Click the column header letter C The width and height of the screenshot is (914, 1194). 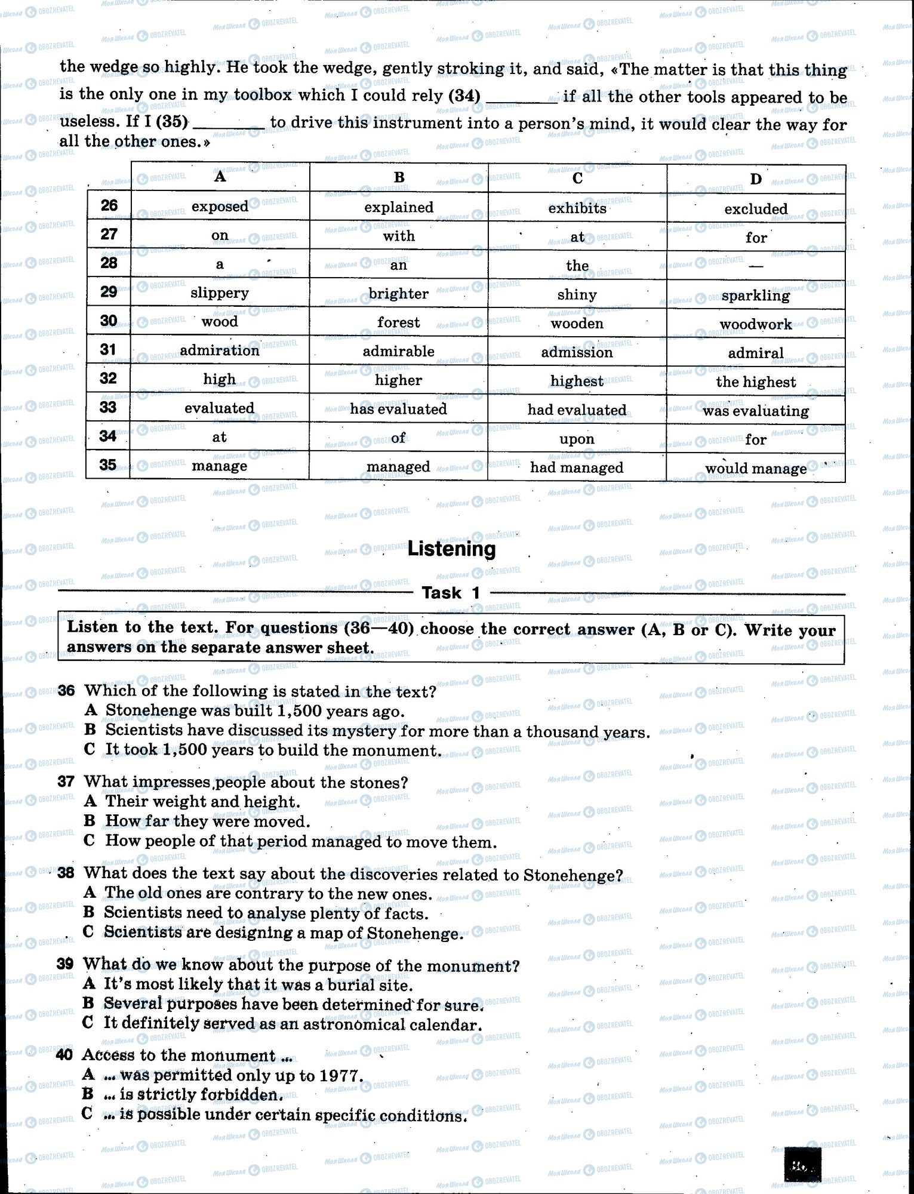pyautogui.click(x=577, y=178)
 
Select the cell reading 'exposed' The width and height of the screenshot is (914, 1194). pyautogui.click(x=220, y=207)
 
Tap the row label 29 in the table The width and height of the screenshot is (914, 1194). pyautogui.click(x=109, y=292)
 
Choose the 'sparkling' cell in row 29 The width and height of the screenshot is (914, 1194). pyautogui.click(x=755, y=296)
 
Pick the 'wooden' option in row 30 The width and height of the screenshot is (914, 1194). pyautogui.click(x=577, y=324)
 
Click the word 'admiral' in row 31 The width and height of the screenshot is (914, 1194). pyautogui.click(x=755, y=353)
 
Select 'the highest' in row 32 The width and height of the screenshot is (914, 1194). pyautogui.click(x=755, y=382)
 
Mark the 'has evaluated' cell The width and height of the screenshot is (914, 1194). pyautogui.click(x=398, y=409)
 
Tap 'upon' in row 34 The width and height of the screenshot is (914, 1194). pyautogui.click(x=577, y=439)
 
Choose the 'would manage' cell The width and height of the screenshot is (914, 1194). pyautogui.click(x=755, y=469)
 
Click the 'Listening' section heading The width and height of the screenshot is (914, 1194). pyautogui.click(x=451, y=549)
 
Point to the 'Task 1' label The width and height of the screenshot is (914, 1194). pyautogui.click(x=451, y=593)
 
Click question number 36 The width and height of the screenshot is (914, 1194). pyautogui.click(x=66, y=691)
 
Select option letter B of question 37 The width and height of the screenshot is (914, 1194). pyautogui.click(x=90, y=821)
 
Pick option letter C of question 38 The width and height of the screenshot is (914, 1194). pyautogui.click(x=88, y=932)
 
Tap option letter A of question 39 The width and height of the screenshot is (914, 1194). pyautogui.click(x=89, y=983)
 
